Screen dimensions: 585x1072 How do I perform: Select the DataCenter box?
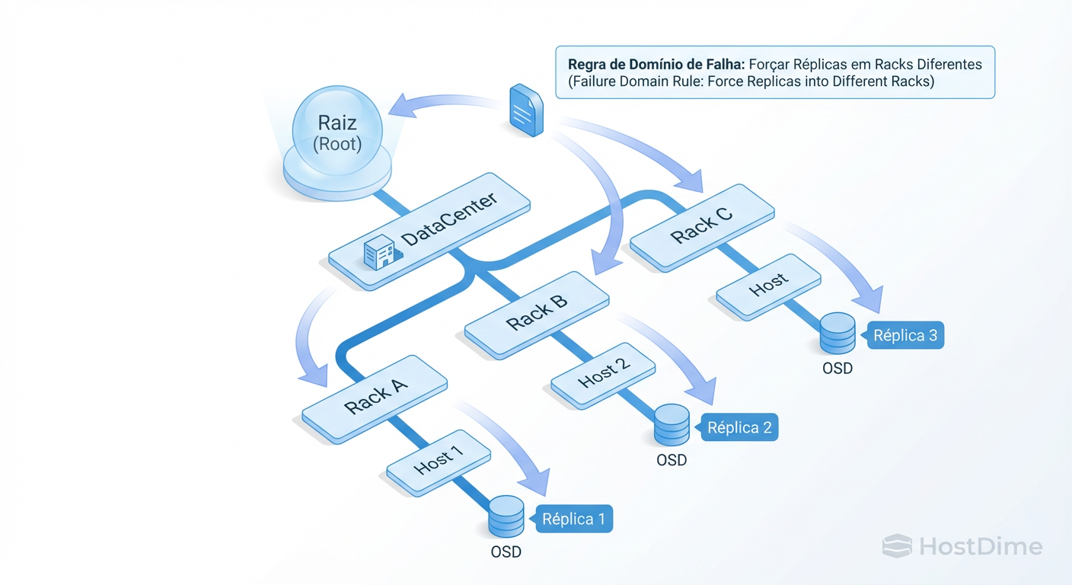pyautogui.click(x=429, y=235)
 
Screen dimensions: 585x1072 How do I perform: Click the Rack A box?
pyautogui.click(x=375, y=398)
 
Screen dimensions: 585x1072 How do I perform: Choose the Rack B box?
pyautogui.click(x=537, y=314)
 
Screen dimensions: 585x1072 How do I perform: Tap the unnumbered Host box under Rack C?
pyautogui.click(x=768, y=286)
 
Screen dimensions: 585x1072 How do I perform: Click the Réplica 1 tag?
pyautogui.click(x=573, y=519)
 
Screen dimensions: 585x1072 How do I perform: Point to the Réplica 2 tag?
pyautogui.click(x=739, y=428)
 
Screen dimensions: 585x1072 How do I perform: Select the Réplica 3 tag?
pyautogui.click(x=904, y=335)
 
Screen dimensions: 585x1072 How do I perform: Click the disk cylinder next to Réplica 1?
pyautogui.click(x=506, y=516)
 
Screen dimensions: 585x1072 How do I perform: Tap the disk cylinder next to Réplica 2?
pyautogui.click(x=672, y=425)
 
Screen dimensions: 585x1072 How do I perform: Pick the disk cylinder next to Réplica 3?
pyautogui.click(x=837, y=333)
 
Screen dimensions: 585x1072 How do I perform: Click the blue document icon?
pyautogui.click(x=525, y=110)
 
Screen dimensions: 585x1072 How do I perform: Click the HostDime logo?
pyautogui.click(x=962, y=546)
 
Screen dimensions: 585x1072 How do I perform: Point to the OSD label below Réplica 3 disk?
pyautogui.click(x=837, y=369)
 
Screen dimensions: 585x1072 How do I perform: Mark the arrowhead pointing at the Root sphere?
pyautogui.click(x=400, y=107)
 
